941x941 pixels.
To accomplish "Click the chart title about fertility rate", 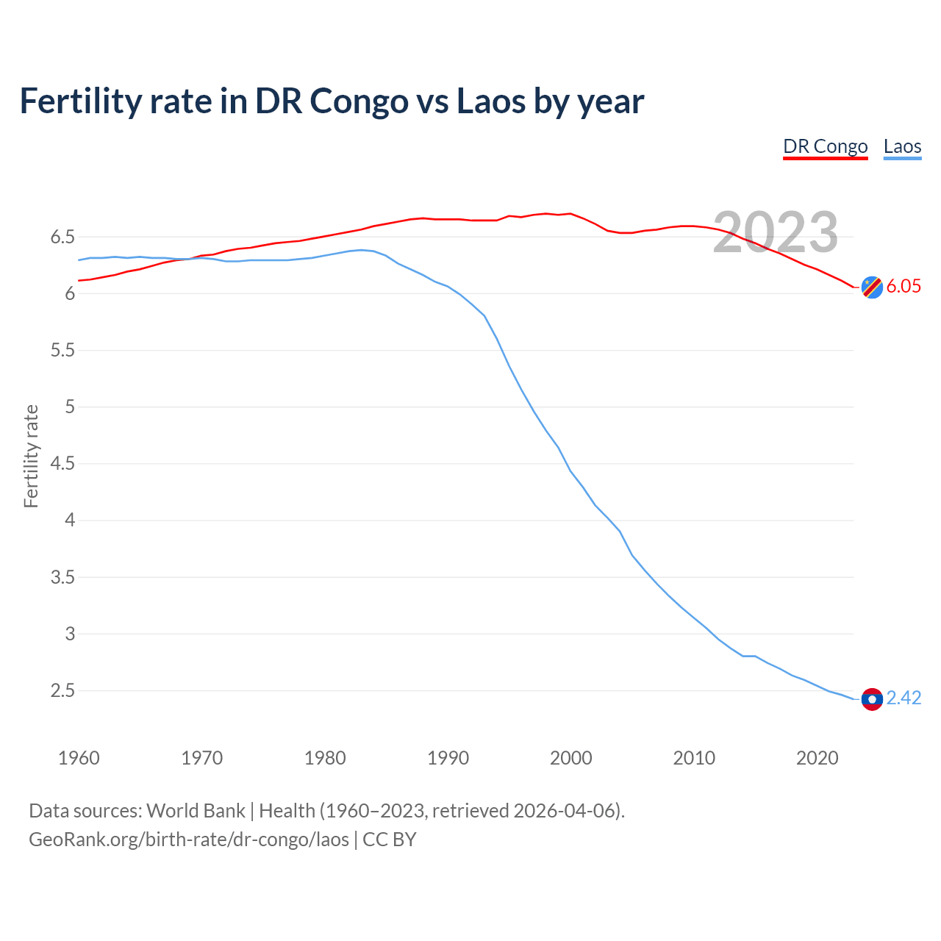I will coord(332,101).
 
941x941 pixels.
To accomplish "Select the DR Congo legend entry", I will coord(825,146).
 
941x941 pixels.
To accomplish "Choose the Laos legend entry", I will coord(902,146).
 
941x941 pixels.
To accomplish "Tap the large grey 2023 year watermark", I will coord(776,232).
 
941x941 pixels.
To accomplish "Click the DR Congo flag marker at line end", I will coord(872,287).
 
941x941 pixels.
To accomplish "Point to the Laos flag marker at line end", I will coord(872,699).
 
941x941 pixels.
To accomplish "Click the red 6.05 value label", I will coord(904,287).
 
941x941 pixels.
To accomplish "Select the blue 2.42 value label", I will coord(904,698).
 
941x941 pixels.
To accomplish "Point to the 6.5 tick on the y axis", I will coord(62,237).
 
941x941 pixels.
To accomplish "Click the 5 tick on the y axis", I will coord(70,407).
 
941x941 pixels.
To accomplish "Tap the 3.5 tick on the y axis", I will coord(62,578).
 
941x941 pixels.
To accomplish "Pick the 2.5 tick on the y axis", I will coord(62,691).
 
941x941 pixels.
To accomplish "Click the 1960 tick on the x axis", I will coord(79,758).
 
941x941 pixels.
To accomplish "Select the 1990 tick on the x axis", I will coord(448,758).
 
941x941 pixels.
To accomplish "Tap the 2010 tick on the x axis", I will coord(694,758).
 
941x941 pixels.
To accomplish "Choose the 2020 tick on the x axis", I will coord(817,758).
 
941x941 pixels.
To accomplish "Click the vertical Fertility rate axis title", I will coord(31,456).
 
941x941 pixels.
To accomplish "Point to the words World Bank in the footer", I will coord(196,811).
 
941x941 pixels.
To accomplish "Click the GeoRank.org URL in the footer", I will coord(189,840).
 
